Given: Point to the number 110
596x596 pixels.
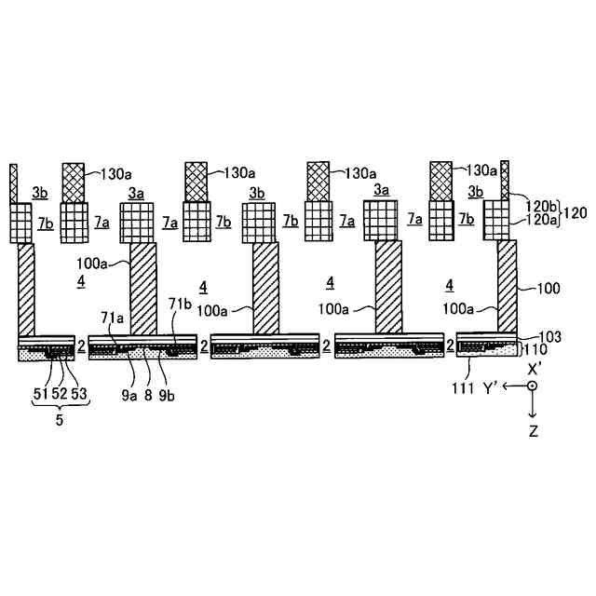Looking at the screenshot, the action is pyautogui.click(x=537, y=349).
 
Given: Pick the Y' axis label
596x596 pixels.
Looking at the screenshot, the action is pyautogui.click(x=494, y=386).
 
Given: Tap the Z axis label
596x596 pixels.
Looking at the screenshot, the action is pyautogui.click(x=533, y=431).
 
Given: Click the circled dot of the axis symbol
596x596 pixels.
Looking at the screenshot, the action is pyautogui.click(x=532, y=386).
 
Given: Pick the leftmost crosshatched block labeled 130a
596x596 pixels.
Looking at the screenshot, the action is pyautogui.click(x=73, y=183).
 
